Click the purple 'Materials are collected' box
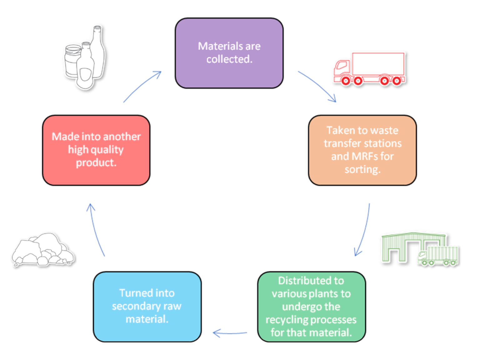tap(229, 53)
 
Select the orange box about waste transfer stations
tap(362, 150)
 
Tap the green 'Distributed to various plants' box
tap(311, 307)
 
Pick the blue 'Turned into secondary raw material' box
tap(147, 307)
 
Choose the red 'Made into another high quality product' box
tap(96, 150)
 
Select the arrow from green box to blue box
tap(230, 333)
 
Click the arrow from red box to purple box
tap(142, 86)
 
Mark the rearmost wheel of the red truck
tap(397, 81)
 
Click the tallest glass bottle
tap(98, 52)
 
